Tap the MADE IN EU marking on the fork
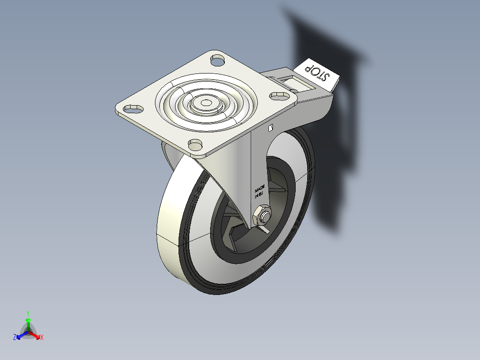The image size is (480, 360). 260,191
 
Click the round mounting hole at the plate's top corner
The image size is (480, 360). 217,59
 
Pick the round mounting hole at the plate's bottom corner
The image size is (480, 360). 195,144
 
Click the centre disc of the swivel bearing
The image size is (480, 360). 206,103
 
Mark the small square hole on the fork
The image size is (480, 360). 271,129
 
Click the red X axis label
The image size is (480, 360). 42,338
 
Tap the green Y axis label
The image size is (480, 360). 28,313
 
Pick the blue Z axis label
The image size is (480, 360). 15,337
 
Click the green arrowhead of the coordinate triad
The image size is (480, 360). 28,320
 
